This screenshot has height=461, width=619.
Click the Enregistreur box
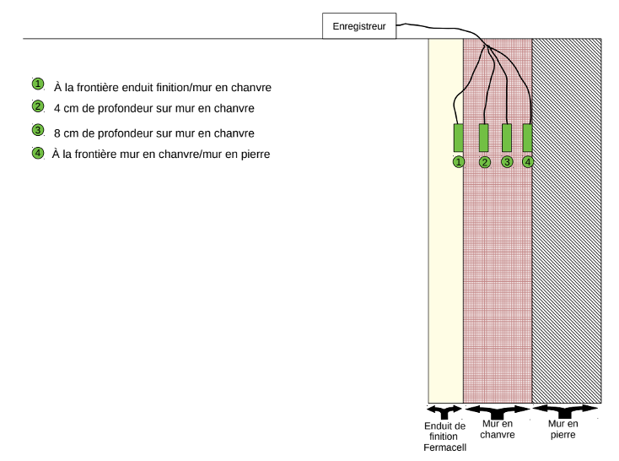tap(359, 26)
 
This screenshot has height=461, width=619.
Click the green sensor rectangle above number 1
tap(458, 138)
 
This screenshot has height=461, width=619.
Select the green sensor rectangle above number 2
tap(483, 138)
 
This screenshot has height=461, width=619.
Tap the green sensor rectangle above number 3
tap(507, 138)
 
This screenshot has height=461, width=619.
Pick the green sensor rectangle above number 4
tap(527, 138)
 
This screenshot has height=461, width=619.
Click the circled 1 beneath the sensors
tap(459, 162)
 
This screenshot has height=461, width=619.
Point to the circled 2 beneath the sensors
tap(485, 162)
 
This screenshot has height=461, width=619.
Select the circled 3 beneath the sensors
tap(508, 162)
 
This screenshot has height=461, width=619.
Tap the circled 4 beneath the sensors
tap(528, 162)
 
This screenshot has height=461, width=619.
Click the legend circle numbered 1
tap(38, 84)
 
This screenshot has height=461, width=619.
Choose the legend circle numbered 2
tap(38, 106)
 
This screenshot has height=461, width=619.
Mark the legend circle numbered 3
tap(38, 130)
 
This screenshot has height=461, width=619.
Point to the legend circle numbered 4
tap(38, 153)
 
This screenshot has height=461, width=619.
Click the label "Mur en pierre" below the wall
tap(563, 430)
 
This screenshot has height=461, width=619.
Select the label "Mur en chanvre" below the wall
tap(498, 430)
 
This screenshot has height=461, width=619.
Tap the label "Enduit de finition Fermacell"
tap(445, 437)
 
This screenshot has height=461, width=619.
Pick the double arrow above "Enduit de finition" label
tap(444, 411)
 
